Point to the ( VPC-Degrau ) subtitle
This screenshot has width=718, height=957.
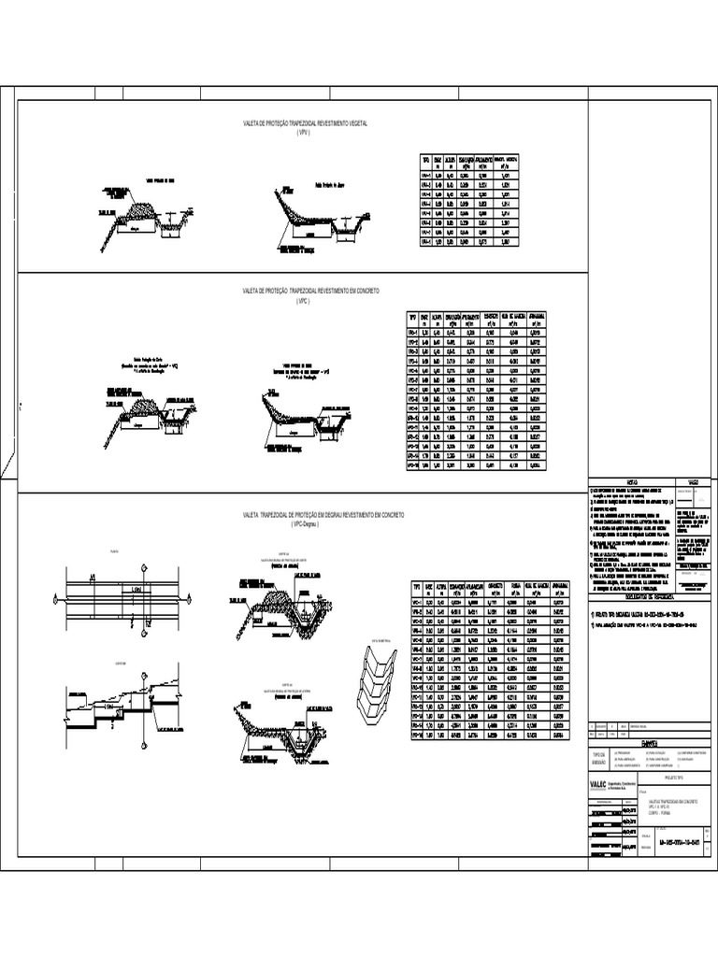[305, 525]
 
